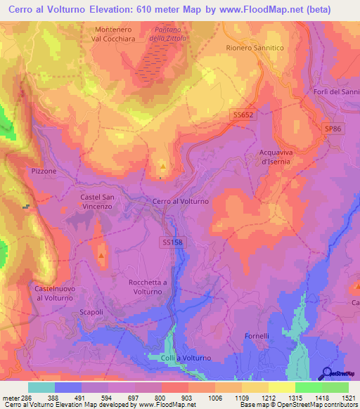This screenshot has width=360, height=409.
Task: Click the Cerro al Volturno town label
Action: tap(181, 202)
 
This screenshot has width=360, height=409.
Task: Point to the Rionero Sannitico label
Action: tap(255, 48)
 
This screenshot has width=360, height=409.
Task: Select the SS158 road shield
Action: tap(172, 242)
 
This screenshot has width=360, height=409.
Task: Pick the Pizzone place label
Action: tap(44, 171)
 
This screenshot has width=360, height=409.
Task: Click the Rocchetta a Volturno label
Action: tap(149, 287)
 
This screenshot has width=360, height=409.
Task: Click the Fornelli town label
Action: tap(257, 336)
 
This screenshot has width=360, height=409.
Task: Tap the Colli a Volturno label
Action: tap(186, 358)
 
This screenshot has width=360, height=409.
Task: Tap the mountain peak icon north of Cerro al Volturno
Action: tap(163, 167)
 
